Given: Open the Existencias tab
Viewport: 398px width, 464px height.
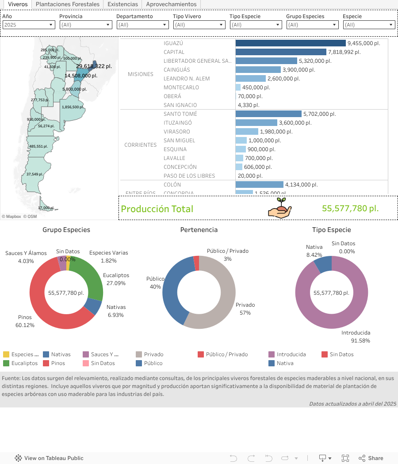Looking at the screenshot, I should (123, 4).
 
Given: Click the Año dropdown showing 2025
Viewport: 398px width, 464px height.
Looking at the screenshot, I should (29, 25).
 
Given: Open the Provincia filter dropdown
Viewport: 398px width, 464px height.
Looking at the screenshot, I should (85, 25).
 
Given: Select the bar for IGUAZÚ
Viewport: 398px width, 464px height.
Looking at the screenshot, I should (290, 43).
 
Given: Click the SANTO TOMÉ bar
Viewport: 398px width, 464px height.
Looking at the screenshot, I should (268, 114).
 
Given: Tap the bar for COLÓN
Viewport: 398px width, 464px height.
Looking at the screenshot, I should (259, 185).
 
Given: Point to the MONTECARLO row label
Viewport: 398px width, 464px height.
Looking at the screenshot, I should (181, 87).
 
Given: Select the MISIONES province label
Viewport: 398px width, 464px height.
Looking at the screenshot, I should (141, 74).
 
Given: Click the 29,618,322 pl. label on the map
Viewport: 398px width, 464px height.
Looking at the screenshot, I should (94, 66).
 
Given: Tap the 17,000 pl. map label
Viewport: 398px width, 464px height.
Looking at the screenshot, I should (46, 208).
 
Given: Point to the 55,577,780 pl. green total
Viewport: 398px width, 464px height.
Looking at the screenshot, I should (350, 209).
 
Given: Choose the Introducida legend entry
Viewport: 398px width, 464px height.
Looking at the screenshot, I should (291, 354).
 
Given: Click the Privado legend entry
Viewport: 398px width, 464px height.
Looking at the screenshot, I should (153, 354).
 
